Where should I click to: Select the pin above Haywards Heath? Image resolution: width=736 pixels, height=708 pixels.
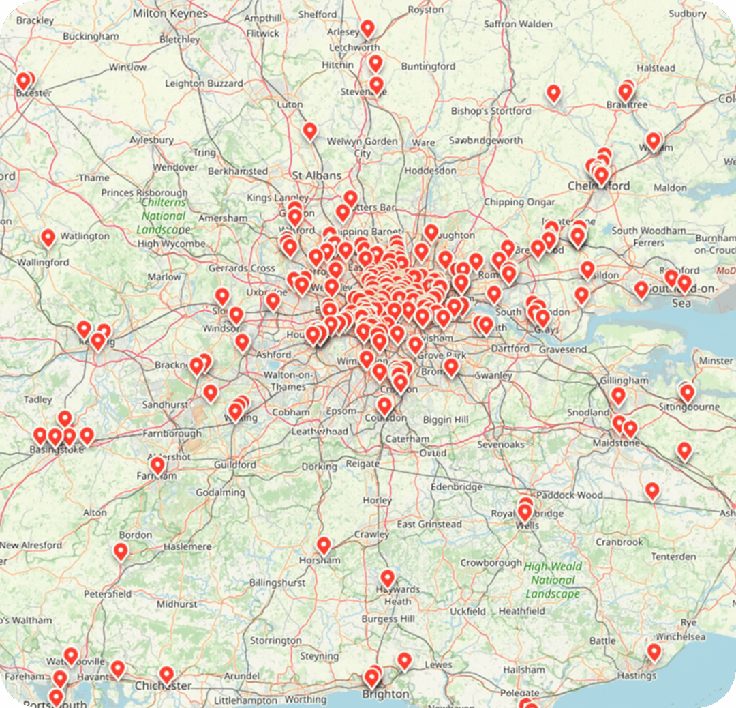click(388, 578)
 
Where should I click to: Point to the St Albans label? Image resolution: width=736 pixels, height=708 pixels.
click(316, 175)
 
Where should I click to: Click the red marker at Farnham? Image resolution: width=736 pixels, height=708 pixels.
click(157, 466)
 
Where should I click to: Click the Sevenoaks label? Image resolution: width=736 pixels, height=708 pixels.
click(501, 444)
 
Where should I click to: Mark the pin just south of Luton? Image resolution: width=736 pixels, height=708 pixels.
click(310, 131)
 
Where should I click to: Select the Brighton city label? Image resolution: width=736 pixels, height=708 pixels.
click(386, 694)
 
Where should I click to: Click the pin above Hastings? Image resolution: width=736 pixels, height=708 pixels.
click(654, 652)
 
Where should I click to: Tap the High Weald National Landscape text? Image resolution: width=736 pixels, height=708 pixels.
click(553, 580)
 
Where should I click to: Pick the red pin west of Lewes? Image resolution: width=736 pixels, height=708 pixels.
click(405, 661)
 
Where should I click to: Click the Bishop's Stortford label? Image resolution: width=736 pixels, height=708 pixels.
click(491, 110)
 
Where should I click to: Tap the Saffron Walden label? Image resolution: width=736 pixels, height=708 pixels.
click(518, 24)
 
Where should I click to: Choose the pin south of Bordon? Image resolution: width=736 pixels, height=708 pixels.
click(121, 551)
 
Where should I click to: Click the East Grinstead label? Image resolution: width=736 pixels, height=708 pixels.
click(429, 525)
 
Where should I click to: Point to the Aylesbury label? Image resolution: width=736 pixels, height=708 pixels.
click(151, 140)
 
